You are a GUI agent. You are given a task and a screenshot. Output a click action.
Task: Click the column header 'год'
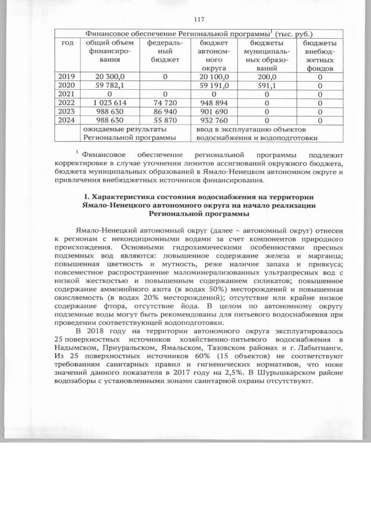67,43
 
